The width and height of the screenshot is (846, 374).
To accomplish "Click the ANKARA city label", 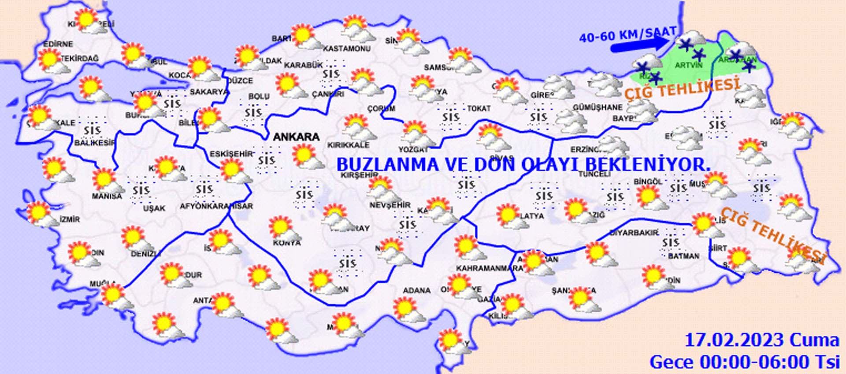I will pos(296,137).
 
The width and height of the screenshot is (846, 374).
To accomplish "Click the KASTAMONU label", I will pos(347,48).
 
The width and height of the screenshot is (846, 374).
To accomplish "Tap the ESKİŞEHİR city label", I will pos(231,154).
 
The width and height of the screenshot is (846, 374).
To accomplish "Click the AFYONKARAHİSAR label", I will pos(216,206).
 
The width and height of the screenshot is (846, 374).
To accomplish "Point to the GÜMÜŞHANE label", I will pos(597,107).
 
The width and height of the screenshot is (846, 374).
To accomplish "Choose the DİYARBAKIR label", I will pos(634,232).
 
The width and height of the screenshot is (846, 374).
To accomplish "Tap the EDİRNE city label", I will pos(58,44).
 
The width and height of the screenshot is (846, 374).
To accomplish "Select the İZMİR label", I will pos(69,219).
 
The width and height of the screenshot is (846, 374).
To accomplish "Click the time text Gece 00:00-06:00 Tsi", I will pos(744,362).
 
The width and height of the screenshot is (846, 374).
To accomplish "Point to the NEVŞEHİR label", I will pos(390,205).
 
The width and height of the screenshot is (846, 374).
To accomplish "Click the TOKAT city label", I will pos(479,108).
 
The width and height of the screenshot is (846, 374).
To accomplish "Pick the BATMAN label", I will pos(683,256).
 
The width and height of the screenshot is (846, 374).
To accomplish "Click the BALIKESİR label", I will pos(94,143).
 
